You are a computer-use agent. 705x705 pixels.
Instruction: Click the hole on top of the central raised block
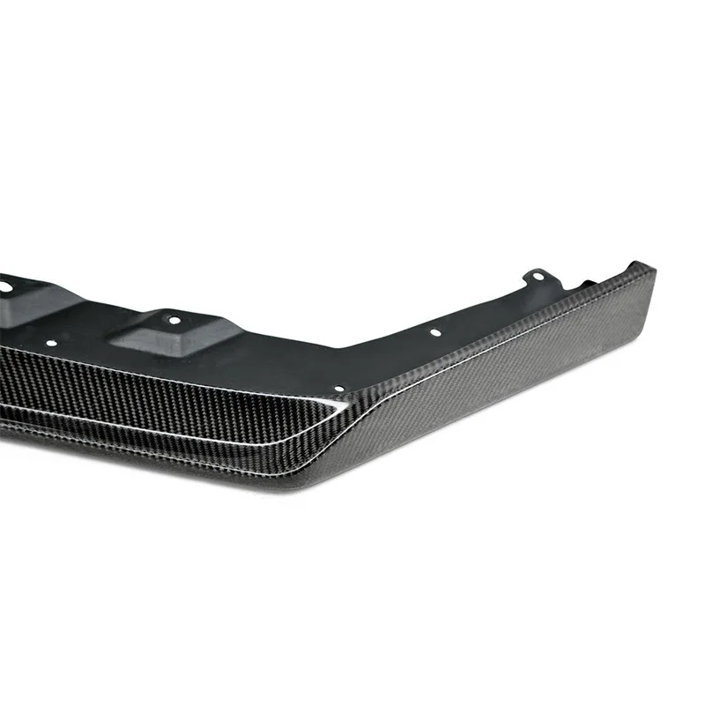point(174,321)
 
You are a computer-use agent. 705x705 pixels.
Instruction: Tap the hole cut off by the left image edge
point(4,286)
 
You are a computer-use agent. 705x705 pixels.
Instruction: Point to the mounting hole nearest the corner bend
point(339,388)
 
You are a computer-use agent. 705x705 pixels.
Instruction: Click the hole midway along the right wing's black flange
point(434,333)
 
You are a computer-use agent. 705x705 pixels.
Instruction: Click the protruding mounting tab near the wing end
point(536,280)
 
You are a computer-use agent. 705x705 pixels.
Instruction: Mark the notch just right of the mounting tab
point(583,284)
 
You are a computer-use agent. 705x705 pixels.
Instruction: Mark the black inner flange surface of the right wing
point(493,317)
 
